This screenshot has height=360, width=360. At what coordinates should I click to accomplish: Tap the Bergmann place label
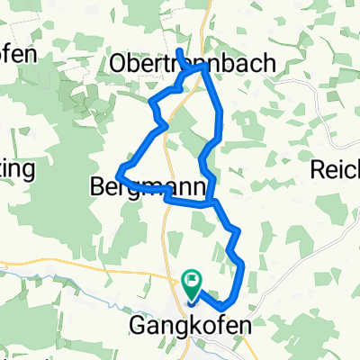[149, 186]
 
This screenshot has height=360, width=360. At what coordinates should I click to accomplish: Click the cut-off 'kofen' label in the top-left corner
[18, 53]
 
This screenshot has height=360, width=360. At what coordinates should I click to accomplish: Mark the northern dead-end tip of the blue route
[178, 49]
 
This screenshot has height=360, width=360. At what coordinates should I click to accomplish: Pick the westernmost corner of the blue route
[119, 170]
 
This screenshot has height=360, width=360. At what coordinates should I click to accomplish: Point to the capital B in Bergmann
[98, 186]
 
